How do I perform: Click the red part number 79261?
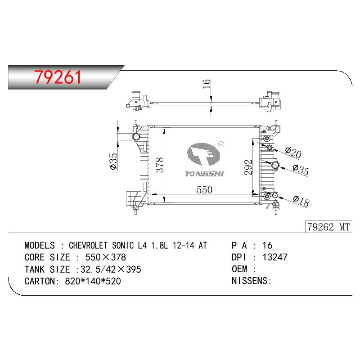(x=58, y=77)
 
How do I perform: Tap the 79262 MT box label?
(x=328, y=227)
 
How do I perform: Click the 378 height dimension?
(x=160, y=165)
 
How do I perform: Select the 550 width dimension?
(x=204, y=190)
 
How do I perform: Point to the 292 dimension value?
(x=248, y=167)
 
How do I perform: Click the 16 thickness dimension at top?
(x=207, y=84)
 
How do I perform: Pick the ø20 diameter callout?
(x=293, y=152)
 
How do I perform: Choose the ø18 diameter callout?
(x=301, y=201)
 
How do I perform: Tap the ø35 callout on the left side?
(x=114, y=161)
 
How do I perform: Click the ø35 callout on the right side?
(x=301, y=170)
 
